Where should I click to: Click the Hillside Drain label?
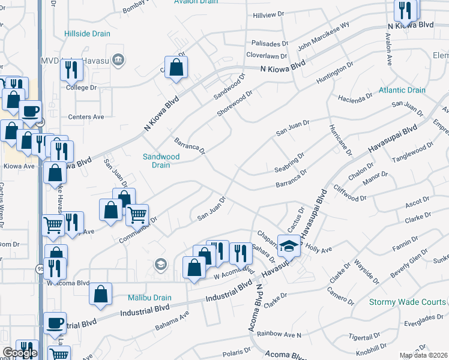point(87,34)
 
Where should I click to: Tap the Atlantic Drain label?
point(402,91)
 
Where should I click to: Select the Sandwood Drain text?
point(161,161)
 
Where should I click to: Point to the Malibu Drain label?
point(149,298)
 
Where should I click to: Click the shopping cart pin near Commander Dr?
point(137,214)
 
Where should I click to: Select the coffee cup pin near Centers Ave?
point(30,110)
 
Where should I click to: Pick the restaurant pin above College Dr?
point(71,70)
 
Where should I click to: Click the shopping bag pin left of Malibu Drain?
point(101,293)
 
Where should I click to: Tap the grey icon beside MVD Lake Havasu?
point(118,59)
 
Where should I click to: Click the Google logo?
point(19,353)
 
